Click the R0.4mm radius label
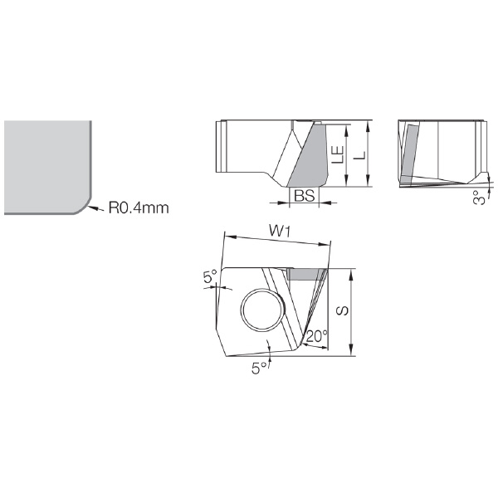139,207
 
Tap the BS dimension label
304,196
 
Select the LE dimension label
338,154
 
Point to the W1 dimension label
280,231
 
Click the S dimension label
342,310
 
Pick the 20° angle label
316,336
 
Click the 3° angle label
480,198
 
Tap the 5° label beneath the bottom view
260,368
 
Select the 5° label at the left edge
210,276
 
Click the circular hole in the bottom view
263,310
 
